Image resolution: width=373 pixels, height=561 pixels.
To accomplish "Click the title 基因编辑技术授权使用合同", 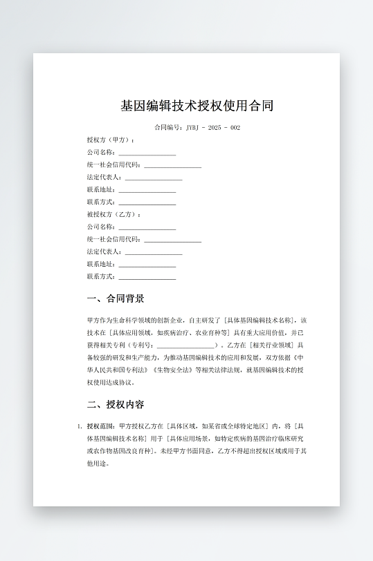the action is (197, 106).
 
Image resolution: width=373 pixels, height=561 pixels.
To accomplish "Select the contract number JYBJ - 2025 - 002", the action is (212, 128).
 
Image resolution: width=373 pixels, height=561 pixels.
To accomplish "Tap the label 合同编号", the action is (168, 128).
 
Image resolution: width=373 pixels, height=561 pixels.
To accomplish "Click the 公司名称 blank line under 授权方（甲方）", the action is (147, 153).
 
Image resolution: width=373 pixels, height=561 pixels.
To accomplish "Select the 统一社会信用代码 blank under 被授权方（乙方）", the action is (172, 240).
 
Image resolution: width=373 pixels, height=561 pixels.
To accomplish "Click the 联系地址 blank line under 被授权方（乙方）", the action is (147, 265).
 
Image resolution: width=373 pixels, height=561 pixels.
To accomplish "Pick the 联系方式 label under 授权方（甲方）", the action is (101, 202).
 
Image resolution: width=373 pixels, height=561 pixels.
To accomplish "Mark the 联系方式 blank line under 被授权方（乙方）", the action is (147, 277).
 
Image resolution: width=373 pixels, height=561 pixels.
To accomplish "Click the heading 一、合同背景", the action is (116, 299).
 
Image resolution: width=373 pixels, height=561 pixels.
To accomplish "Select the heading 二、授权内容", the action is (116, 404).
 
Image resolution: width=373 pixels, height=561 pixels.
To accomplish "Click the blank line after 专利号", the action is (185, 345).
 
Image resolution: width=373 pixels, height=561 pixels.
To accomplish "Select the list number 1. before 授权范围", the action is (80, 426).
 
